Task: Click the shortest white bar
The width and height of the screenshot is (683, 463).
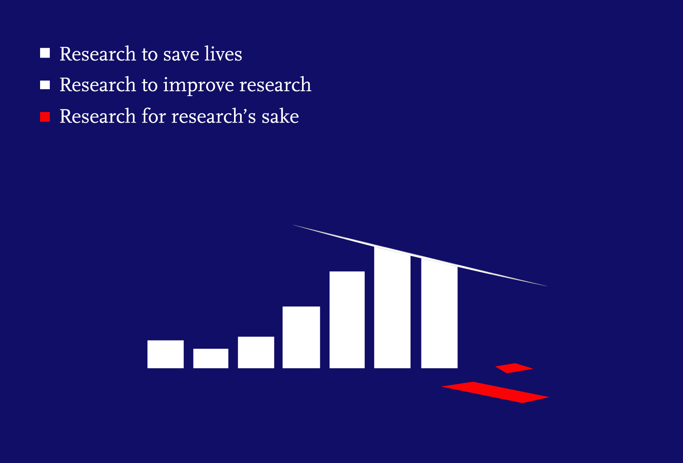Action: pos(211,358)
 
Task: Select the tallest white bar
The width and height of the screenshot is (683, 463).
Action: pos(392,308)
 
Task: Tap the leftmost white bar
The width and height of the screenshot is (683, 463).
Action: pos(165,354)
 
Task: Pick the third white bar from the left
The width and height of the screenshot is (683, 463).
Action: pos(256,352)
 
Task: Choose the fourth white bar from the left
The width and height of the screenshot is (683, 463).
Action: pos(301,337)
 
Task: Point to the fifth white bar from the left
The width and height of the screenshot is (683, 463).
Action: pos(347,320)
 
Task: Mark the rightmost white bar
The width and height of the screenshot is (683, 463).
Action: pos(439,314)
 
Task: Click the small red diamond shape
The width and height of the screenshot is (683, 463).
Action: pos(514,368)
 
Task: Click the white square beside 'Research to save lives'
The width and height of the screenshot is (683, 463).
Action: pos(45,53)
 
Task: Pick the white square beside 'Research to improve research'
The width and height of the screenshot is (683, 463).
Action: pos(45,85)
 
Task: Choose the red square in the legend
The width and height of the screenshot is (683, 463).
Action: pos(45,117)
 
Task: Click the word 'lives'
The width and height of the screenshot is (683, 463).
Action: pos(223,54)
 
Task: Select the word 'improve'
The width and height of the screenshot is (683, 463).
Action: pos(198,86)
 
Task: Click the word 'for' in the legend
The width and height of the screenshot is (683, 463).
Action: pos(154,117)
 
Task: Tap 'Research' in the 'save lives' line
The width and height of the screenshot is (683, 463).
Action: pos(98,54)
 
